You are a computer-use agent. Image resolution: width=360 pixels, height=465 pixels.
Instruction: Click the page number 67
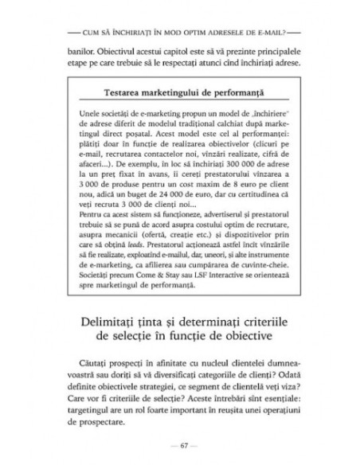tap(180, 444)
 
